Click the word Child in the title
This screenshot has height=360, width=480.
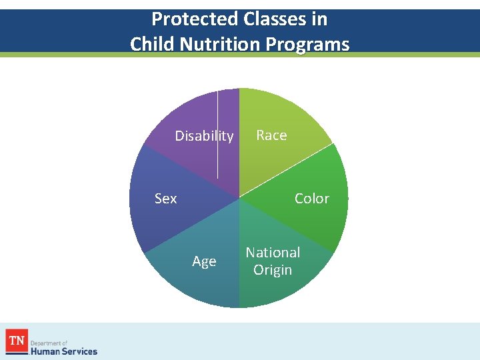(x=151, y=44)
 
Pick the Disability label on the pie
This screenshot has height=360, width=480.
(x=204, y=136)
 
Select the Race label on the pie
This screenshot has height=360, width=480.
(x=271, y=135)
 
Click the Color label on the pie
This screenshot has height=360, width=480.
(x=311, y=199)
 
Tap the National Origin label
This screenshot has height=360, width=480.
(x=273, y=261)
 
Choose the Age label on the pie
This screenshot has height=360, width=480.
(x=204, y=261)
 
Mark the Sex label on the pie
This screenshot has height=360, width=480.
(x=165, y=199)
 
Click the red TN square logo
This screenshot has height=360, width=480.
(x=16, y=341)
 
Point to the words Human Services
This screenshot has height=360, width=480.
(x=64, y=351)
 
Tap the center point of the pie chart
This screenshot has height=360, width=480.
(x=239, y=198)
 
